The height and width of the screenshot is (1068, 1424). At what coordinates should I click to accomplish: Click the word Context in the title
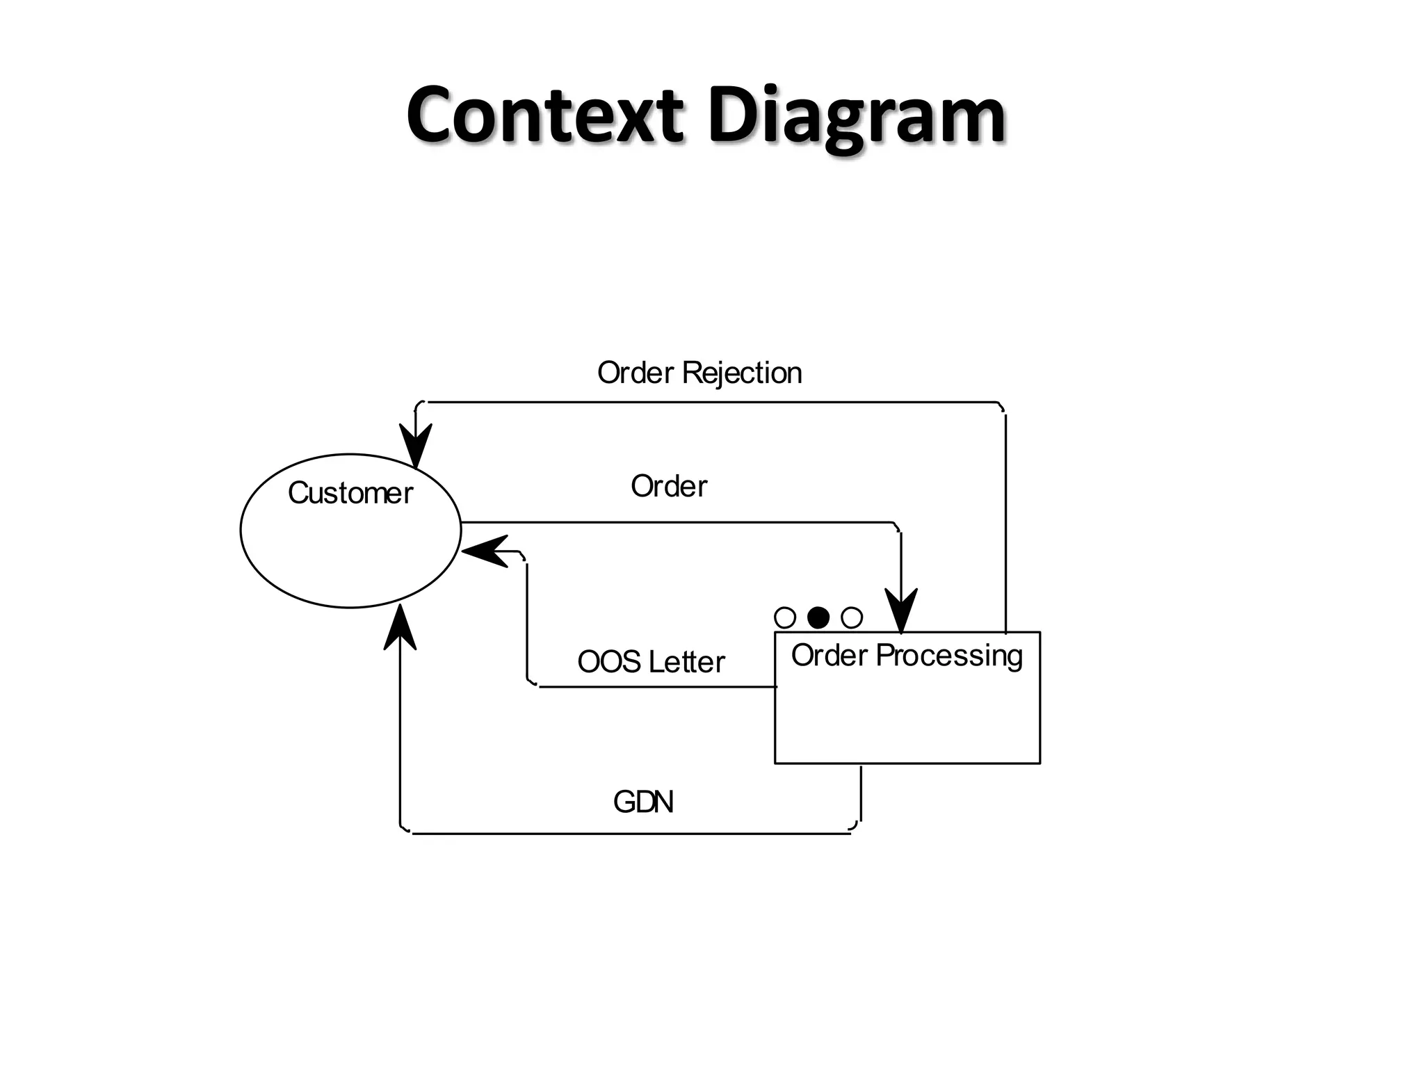coord(544,115)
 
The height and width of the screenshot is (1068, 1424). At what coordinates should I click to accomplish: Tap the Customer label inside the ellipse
coord(350,493)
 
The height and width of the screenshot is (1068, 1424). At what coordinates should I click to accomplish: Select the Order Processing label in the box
coord(907,656)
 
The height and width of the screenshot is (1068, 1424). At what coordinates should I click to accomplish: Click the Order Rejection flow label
coord(699,373)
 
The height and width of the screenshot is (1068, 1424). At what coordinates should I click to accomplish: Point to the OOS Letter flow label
coord(651,661)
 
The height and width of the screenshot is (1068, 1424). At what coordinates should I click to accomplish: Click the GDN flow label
coord(643,802)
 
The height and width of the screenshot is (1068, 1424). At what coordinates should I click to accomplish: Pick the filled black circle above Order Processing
coord(818,617)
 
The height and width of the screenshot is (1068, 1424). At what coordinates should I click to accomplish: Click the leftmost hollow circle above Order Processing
coord(785,617)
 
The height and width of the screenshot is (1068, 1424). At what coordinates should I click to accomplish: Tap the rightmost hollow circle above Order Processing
coord(852,617)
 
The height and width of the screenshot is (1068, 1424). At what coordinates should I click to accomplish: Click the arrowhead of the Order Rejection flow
coord(416,446)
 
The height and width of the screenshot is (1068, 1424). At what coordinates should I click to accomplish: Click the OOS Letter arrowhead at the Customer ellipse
coord(485,551)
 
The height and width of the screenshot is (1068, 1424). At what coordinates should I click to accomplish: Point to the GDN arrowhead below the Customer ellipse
coord(400,628)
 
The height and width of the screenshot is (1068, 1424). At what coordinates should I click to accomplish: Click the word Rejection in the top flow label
coord(742,373)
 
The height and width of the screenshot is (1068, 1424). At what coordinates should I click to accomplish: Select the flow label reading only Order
coord(668,486)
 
